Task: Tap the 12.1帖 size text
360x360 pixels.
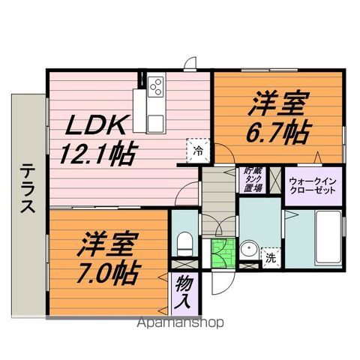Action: click(97, 155)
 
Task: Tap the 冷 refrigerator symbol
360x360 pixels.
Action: click(197, 149)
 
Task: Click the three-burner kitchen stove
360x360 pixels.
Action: click(157, 86)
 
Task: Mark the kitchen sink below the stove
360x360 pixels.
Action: click(155, 121)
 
